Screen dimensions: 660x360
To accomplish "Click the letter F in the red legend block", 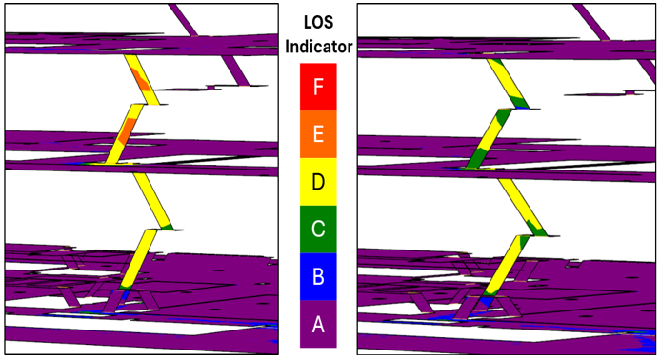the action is [318, 88].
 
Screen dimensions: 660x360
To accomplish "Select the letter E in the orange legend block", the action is [318, 134].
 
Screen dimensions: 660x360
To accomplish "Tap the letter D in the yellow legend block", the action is [318, 182].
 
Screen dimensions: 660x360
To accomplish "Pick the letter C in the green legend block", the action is [318, 230].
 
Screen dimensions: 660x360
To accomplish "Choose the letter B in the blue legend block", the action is [318, 276].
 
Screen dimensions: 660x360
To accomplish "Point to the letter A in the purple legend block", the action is [318, 324].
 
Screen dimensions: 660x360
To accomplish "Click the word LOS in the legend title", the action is [319, 23].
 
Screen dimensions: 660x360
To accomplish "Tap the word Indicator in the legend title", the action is [319, 47].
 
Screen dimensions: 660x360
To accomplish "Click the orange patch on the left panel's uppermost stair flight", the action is [141, 79].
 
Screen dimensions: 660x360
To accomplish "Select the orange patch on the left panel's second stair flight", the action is [127, 130].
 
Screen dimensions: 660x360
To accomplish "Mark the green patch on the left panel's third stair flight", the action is [167, 228].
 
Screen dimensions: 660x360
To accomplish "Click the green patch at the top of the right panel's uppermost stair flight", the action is [497, 62].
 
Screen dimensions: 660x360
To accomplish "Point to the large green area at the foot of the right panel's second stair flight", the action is [478, 156].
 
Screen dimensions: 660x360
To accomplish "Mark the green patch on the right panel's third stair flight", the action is [536, 228].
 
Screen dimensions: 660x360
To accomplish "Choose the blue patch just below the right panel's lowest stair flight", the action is [487, 302].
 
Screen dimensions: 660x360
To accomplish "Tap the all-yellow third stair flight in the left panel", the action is [152, 201].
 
